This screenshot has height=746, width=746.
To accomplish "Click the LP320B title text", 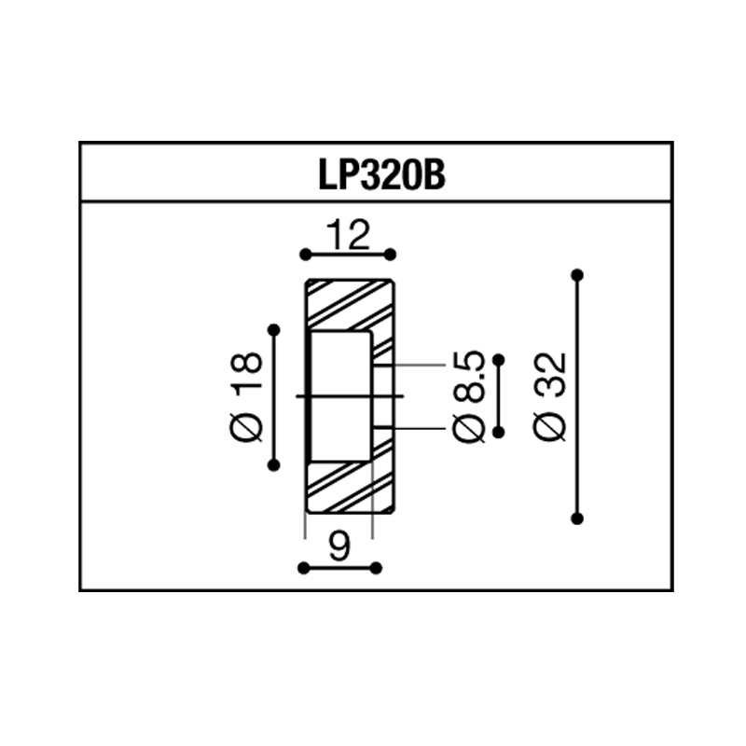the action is [381, 174].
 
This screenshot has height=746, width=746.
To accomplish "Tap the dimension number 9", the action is [339, 546].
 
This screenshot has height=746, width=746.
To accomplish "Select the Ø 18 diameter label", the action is [246, 397].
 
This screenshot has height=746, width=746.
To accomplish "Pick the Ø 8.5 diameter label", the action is [469, 397].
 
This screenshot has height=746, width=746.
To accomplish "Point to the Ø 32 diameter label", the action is [550, 397].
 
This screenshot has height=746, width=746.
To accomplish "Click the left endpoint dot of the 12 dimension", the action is [306, 255].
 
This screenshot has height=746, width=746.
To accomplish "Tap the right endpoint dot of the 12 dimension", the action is [390, 255].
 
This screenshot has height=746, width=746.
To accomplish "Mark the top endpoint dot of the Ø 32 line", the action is [577, 275].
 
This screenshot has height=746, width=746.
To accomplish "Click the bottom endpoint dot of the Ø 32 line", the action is [577, 518].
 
